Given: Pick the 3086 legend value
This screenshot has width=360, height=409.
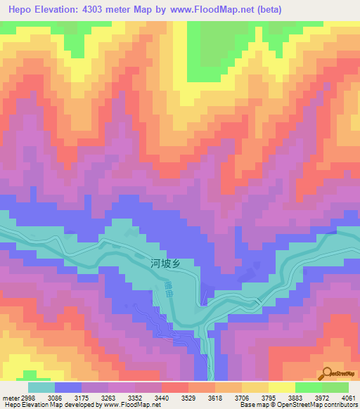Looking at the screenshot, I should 68,397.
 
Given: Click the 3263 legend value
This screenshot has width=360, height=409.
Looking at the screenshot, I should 131,397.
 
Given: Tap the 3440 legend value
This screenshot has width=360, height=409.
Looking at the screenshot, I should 193,397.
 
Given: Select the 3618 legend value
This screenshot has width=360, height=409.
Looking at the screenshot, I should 255,397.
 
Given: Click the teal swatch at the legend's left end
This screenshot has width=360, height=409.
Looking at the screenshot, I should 41,387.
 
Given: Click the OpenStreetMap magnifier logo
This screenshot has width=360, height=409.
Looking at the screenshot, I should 328,373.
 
